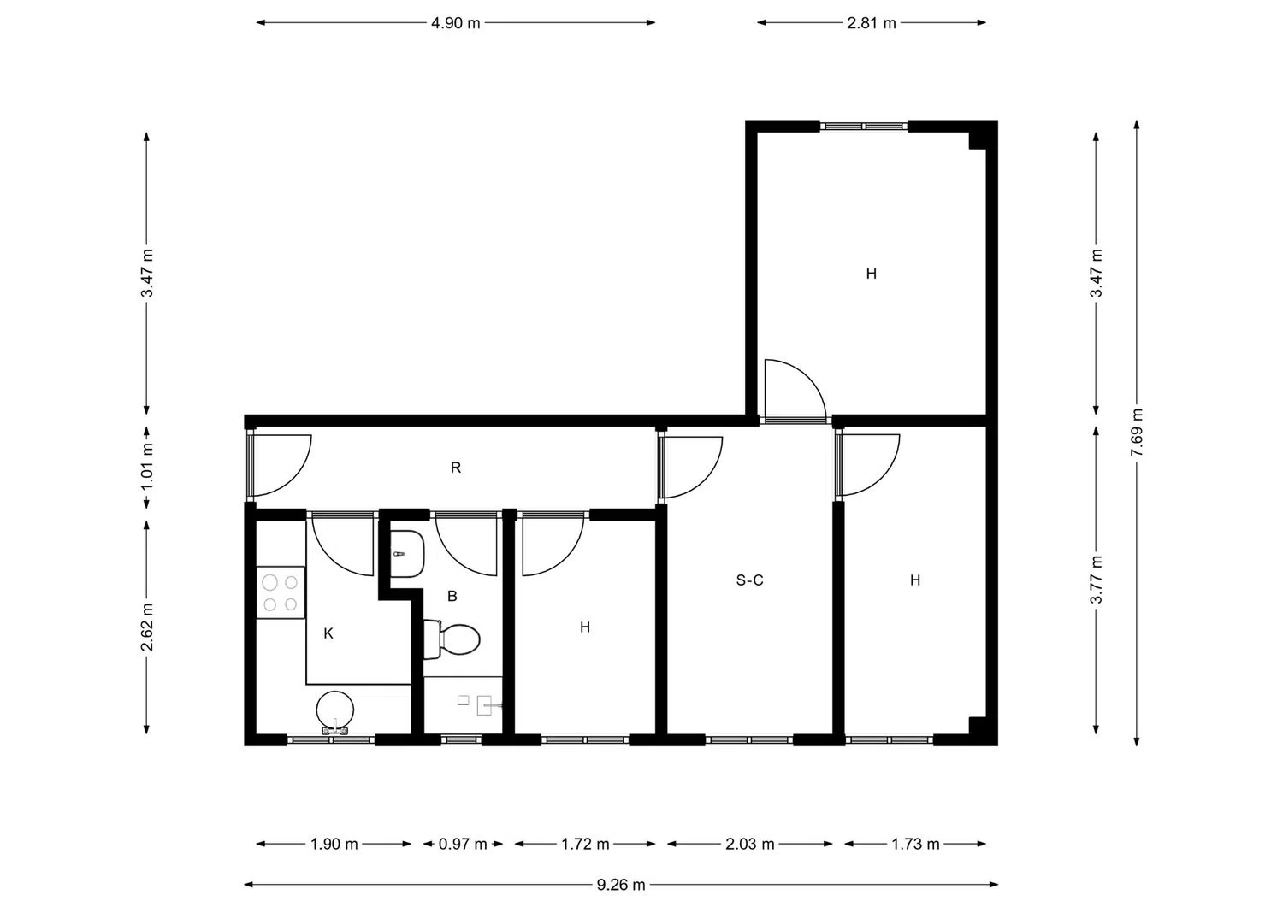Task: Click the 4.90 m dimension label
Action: (x=455, y=23)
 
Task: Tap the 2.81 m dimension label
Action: (x=872, y=23)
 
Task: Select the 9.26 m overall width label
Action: (x=621, y=885)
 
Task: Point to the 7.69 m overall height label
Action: (x=1137, y=433)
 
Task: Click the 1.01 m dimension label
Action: (x=146, y=467)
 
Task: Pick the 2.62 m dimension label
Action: (x=146, y=627)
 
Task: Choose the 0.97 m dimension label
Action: (x=463, y=844)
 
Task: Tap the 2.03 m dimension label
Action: (x=750, y=844)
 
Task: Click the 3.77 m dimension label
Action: (x=1096, y=580)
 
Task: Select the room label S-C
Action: (x=750, y=580)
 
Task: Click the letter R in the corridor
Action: (x=456, y=468)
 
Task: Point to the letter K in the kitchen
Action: (x=328, y=633)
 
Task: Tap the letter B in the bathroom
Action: (x=452, y=596)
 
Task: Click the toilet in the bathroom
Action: (x=452, y=639)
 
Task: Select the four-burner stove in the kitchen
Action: (x=280, y=592)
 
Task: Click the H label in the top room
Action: (x=872, y=274)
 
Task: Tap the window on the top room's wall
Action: (x=864, y=126)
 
